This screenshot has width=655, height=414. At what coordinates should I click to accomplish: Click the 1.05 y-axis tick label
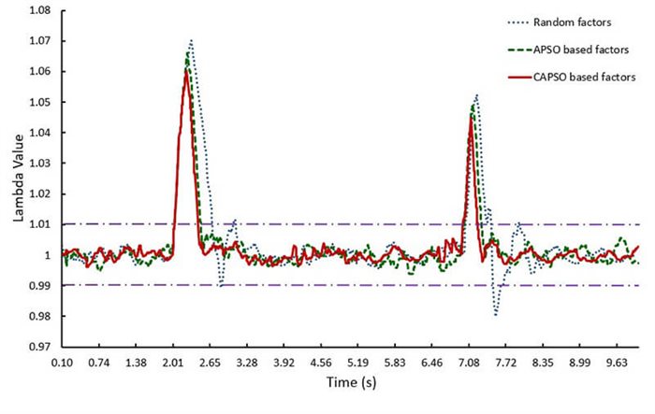(37, 102)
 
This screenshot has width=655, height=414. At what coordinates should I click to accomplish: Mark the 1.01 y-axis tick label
(37, 224)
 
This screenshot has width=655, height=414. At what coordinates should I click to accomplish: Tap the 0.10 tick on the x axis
(63, 362)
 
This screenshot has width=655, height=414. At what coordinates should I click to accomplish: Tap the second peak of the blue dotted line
(476, 94)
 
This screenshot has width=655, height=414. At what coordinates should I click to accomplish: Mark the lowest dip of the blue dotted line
(496, 316)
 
